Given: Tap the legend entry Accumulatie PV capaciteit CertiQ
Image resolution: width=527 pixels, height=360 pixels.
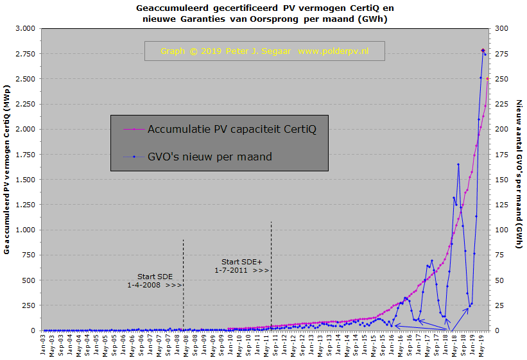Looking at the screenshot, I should (x=232, y=129).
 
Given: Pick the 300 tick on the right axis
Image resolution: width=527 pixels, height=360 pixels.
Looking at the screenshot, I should (x=499, y=29).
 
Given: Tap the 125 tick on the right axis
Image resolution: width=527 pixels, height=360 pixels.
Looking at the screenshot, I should (x=499, y=205).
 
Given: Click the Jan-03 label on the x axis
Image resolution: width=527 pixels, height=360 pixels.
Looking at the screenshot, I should (x=44, y=345).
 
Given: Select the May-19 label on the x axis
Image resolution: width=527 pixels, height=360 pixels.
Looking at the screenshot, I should (x=481, y=345).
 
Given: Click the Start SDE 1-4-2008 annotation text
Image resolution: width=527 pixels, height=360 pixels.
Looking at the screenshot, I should (x=155, y=280).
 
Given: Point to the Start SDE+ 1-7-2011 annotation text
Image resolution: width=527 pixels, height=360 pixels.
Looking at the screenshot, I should (x=242, y=266).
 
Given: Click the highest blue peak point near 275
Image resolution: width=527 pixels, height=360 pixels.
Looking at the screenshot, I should (x=483, y=50).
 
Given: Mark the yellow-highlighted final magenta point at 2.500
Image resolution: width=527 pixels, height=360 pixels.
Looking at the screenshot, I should (x=488, y=78).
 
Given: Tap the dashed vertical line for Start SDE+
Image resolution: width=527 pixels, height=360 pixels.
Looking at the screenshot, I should (x=272, y=276).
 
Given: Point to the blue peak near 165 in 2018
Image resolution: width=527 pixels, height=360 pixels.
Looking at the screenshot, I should (x=458, y=164).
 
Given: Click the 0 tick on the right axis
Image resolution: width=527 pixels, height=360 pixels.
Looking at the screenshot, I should (x=495, y=330).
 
